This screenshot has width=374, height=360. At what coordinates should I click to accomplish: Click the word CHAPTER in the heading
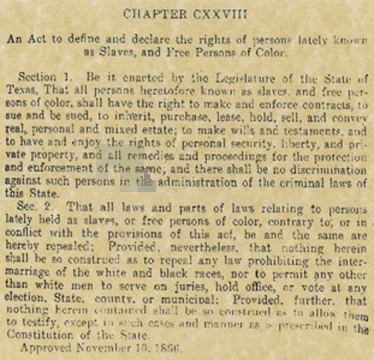point(151,13)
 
